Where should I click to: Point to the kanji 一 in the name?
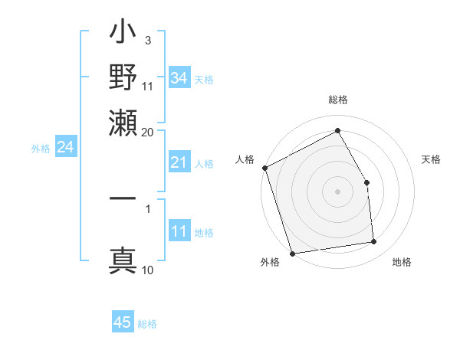(123, 199)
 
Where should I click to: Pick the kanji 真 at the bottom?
(123, 259)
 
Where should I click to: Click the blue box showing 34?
(179, 77)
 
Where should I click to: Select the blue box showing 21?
(179, 162)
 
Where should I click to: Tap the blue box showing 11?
(179, 231)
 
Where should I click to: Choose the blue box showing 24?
(65, 147)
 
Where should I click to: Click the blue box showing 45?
(123, 322)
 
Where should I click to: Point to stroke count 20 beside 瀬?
(148, 131)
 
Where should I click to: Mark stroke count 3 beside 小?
(147, 40)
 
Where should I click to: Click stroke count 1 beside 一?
(147, 208)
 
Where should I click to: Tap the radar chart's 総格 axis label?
(337, 100)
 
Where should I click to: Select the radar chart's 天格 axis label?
(432, 159)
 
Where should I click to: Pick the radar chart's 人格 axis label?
(245, 159)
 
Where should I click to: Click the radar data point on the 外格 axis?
(292, 253)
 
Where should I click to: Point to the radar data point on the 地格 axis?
(374, 242)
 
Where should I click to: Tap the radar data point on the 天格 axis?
(366, 182)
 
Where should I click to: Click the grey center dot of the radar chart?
(337, 191)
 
